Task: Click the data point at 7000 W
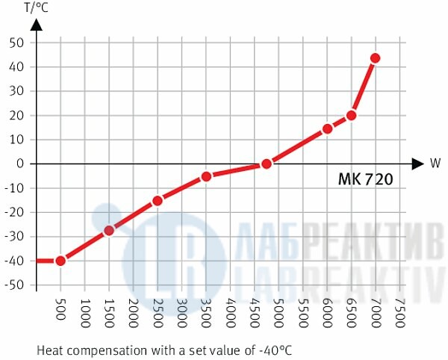(375, 58)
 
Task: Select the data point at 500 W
(60, 261)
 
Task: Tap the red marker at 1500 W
(109, 230)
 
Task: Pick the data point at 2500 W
(158, 200)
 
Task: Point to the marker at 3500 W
(206, 176)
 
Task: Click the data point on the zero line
(267, 164)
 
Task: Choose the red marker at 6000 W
(327, 128)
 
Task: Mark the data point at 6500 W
(351, 115)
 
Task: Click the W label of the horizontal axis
(435, 163)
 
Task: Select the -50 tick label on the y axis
(16, 285)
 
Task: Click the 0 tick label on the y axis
(22, 164)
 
